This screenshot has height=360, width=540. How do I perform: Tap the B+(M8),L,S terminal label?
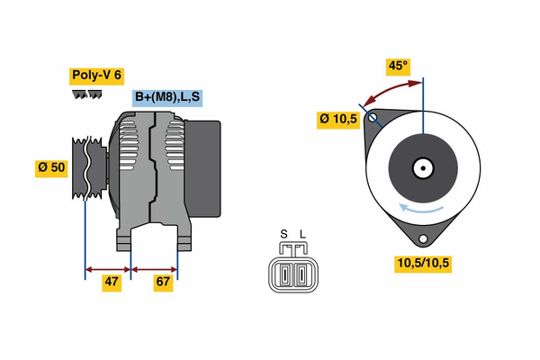click(167, 97)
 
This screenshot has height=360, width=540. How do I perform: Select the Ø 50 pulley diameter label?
click(51, 168)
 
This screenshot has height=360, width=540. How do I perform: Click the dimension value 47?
click(112, 282)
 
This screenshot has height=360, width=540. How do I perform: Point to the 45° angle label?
click(398, 67)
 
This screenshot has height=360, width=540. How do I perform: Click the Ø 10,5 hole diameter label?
click(339, 119)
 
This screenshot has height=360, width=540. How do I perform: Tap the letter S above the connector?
click(283, 236)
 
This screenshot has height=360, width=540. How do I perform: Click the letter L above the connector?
click(302, 236)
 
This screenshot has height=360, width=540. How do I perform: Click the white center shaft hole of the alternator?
click(422, 167)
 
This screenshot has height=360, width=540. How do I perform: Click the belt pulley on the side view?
click(87, 170)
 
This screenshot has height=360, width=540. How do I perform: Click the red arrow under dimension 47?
click(108, 268)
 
